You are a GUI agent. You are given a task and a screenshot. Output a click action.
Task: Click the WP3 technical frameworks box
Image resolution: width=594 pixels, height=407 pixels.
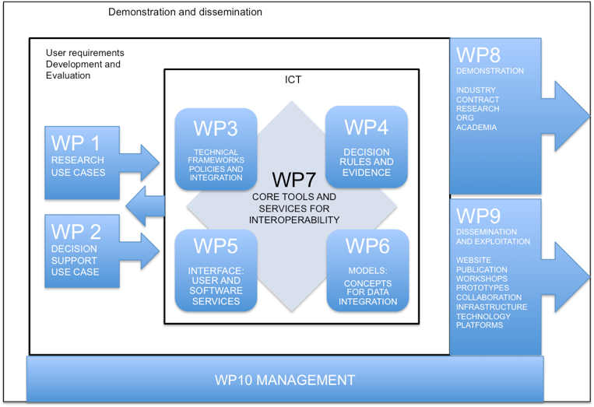point(216,149)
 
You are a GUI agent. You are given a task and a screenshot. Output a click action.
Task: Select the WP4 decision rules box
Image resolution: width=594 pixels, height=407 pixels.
point(366,148)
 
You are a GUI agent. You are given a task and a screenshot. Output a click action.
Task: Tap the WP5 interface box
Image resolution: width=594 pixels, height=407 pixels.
point(216,270)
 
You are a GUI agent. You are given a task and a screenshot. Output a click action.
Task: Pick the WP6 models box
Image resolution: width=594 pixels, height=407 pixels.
point(367,270)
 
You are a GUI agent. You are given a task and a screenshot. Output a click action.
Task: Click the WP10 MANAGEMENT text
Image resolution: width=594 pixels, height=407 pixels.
point(285,381)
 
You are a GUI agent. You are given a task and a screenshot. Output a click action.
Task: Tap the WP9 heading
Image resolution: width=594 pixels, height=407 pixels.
point(478,216)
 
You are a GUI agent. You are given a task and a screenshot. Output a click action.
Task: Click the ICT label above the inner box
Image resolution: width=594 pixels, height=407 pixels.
point(294,79)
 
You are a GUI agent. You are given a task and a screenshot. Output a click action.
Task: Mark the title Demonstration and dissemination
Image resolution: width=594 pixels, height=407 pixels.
point(185,12)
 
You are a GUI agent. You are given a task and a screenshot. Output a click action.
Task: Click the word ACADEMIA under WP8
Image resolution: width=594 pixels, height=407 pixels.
point(476,128)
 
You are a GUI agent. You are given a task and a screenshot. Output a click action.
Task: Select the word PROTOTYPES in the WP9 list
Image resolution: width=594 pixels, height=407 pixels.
point(483,288)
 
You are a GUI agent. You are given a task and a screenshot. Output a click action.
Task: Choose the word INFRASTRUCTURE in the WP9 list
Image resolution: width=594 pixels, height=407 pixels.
point(491,307)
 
